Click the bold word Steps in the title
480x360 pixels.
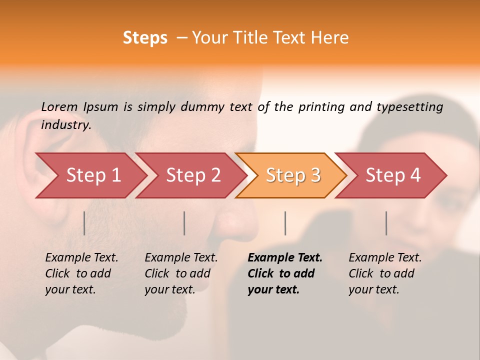click(x=145, y=38)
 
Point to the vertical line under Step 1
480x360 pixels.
click(x=84, y=223)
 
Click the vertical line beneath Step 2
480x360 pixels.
click(x=184, y=223)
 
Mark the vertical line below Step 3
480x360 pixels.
click(x=285, y=223)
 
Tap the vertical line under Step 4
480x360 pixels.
click(x=386, y=223)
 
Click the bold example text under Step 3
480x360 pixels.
click(x=284, y=273)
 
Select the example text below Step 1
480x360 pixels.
click(x=81, y=273)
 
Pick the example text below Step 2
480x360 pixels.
click(x=181, y=273)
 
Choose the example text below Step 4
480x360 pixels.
click(x=385, y=273)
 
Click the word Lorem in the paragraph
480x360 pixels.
click(x=59, y=106)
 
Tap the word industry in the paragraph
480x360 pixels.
click(x=65, y=125)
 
